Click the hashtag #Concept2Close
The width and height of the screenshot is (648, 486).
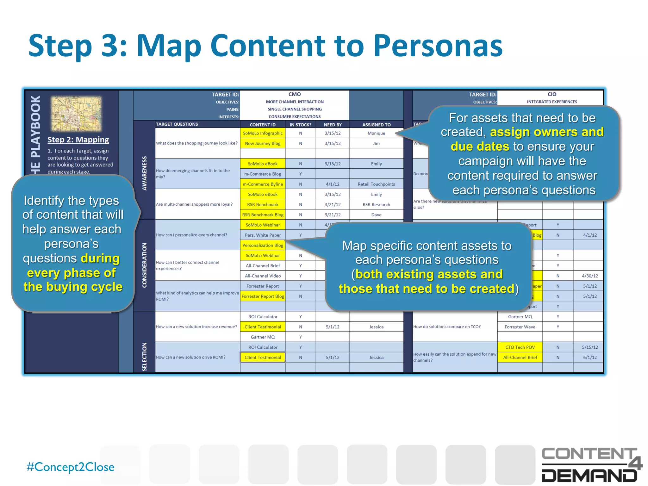(x=70, y=467)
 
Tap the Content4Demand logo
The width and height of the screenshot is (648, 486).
(x=591, y=464)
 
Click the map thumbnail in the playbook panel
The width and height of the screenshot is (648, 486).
(x=76, y=114)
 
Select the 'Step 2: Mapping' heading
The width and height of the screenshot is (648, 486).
(x=78, y=140)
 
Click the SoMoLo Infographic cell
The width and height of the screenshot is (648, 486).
(x=263, y=133)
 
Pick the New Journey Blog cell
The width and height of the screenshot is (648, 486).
(x=263, y=143)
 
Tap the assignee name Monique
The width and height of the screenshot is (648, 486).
(x=376, y=133)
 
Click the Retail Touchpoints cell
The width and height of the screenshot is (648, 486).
(x=376, y=184)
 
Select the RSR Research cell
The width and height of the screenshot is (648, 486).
(x=376, y=204)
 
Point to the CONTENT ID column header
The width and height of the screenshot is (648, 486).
(x=263, y=125)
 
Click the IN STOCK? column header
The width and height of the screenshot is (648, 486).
(x=300, y=125)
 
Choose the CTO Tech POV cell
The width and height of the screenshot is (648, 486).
(x=520, y=347)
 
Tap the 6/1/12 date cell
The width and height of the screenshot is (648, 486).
(x=590, y=357)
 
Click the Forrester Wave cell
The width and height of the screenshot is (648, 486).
(x=520, y=327)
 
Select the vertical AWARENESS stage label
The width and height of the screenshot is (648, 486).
(x=145, y=173)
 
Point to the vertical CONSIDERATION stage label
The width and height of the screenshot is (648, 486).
(x=145, y=265)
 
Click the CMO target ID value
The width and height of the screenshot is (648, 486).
(x=295, y=94)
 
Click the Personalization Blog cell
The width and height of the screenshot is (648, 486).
(x=263, y=245)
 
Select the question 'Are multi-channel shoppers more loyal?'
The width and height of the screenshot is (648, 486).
(x=194, y=204)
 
